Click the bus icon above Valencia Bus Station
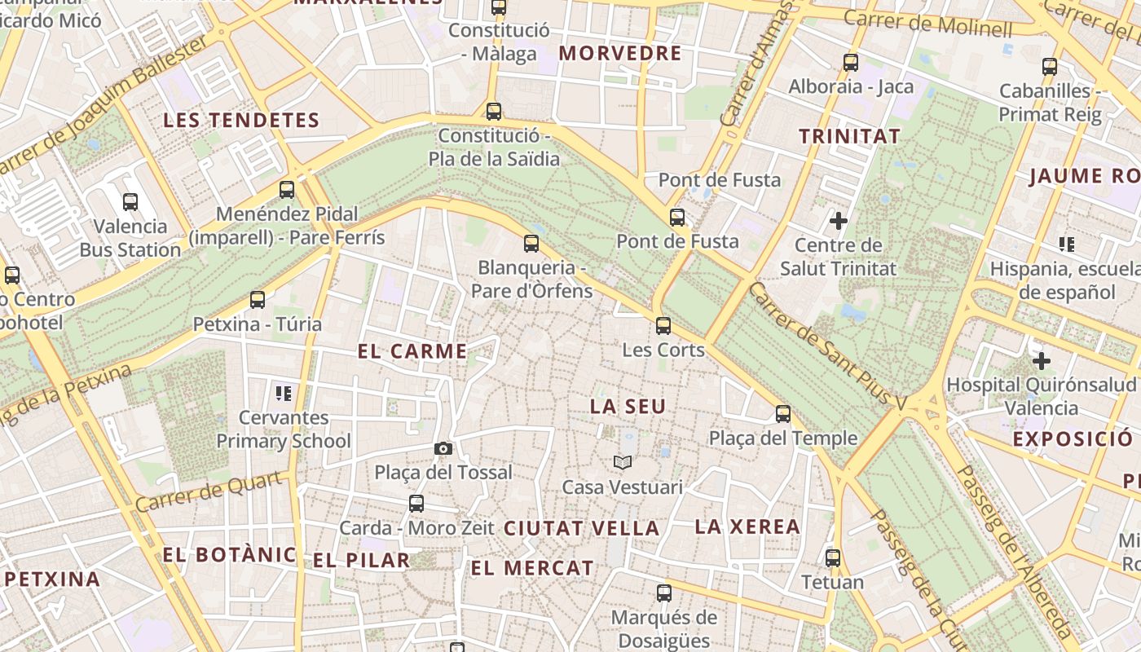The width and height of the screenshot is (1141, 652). click(x=130, y=201)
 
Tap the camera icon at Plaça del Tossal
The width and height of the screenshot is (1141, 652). click(x=443, y=448)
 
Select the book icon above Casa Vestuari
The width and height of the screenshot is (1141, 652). click(x=623, y=463)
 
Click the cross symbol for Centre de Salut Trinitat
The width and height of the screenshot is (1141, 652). click(x=838, y=220)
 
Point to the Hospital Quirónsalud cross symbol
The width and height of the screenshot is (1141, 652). click(x=1041, y=360)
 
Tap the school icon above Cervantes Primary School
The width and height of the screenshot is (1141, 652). click(x=284, y=394)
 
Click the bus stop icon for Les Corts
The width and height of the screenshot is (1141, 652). click(x=663, y=326)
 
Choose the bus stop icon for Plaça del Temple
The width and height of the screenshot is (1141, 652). click(x=783, y=414)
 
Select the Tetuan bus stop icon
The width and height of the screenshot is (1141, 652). click(x=832, y=558)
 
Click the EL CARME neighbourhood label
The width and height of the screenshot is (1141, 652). click(x=412, y=351)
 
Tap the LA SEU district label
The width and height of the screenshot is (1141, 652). click(x=628, y=406)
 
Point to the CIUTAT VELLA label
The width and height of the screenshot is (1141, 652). click(x=581, y=528)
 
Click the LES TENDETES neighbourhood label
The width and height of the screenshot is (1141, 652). click(x=241, y=121)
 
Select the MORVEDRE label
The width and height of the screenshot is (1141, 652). click(x=620, y=54)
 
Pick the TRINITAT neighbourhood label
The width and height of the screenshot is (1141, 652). click(x=849, y=136)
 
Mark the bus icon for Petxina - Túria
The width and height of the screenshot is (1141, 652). click(x=258, y=300)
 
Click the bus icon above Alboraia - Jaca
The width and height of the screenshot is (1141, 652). click(x=851, y=62)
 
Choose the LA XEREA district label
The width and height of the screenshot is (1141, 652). click(x=747, y=526)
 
